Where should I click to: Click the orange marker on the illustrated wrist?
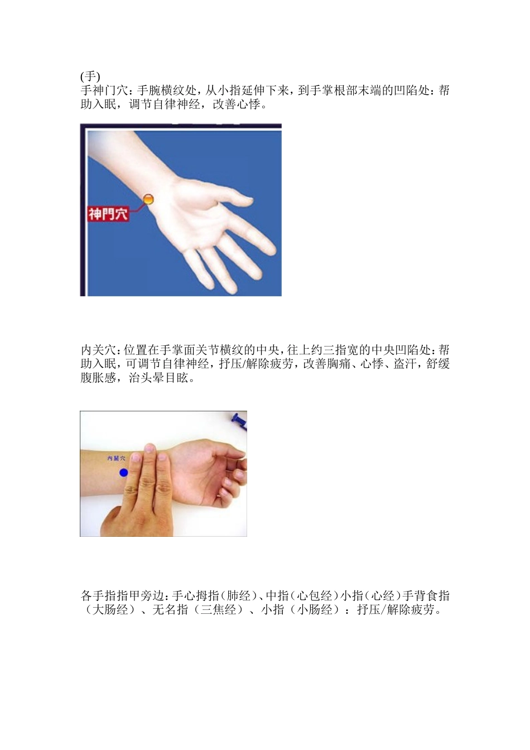click(148, 199)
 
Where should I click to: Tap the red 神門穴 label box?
click(108, 213)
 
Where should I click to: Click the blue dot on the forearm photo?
click(124, 473)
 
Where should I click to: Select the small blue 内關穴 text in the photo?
click(117, 458)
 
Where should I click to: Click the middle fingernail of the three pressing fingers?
click(149, 448)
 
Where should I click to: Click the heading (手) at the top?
click(90, 76)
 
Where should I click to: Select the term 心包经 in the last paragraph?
click(316, 596)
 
